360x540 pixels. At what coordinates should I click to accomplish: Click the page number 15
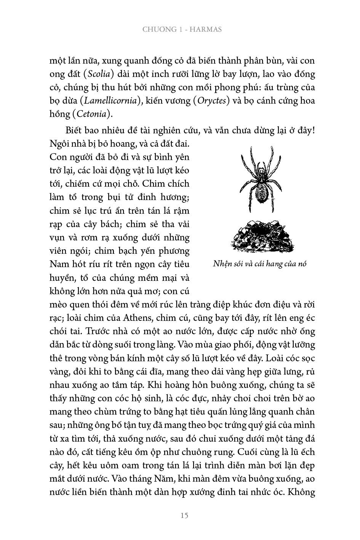(x=184, y=516)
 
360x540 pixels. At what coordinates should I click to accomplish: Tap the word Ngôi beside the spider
(x=59, y=144)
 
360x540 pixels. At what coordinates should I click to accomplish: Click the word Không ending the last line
(x=301, y=492)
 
